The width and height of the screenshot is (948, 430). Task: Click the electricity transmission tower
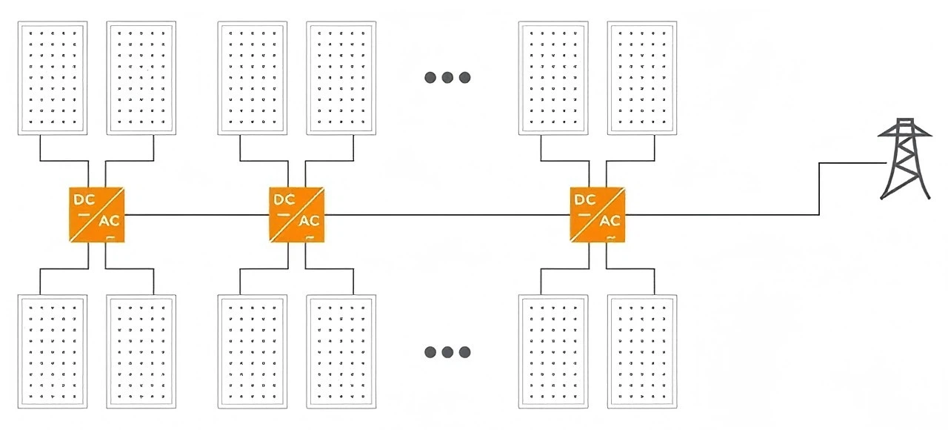click(x=904, y=159)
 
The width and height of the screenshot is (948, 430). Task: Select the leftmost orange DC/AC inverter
click(x=96, y=215)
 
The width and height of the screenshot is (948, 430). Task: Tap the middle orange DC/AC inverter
click(x=296, y=215)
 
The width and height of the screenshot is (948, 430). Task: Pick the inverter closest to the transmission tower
click(x=597, y=215)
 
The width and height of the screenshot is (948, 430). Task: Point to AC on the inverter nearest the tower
click(x=610, y=221)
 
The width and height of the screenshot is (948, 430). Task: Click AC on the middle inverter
click(x=309, y=221)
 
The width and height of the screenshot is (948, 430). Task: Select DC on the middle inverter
click(x=284, y=200)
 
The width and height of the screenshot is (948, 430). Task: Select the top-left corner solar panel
click(x=52, y=78)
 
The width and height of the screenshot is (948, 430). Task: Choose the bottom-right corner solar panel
click(x=641, y=351)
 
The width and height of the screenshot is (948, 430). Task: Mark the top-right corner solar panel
click(x=641, y=78)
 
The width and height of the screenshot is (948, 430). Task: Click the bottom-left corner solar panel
click(x=52, y=351)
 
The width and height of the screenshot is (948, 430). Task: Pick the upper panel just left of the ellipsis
click(x=341, y=78)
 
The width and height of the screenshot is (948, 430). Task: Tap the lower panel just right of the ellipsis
click(x=553, y=351)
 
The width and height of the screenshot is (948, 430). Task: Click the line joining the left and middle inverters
click(x=196, y=215)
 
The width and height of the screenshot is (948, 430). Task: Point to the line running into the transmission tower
click(x=741, y=215)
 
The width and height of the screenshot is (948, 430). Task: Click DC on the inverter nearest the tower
click(x=585, y=200)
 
